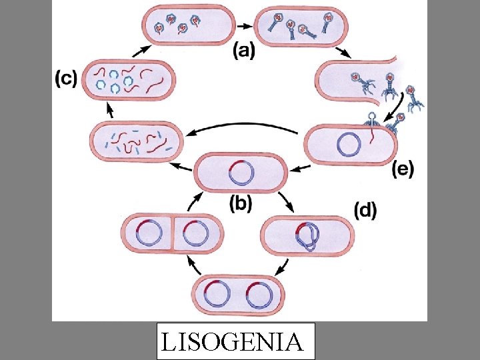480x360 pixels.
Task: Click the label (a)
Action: pos(243,51)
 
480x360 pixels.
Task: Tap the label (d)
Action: pos(364,211)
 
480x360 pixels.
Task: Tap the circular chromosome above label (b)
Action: pos(241,172)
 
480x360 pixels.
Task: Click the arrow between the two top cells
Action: pos(245,25)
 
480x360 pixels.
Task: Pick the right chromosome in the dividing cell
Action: pos(196,234)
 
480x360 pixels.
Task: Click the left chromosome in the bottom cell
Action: pos(217,294)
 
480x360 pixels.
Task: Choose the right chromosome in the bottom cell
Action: pos(259,294)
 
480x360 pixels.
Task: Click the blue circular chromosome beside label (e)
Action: pos(351,143)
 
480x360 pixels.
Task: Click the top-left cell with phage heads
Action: pos(187,25)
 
